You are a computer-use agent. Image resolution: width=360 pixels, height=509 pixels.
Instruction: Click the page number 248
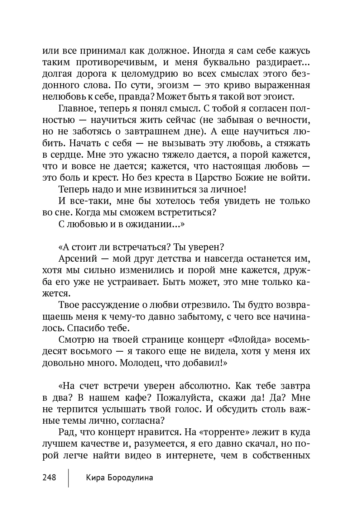click(x=49, y=477)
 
